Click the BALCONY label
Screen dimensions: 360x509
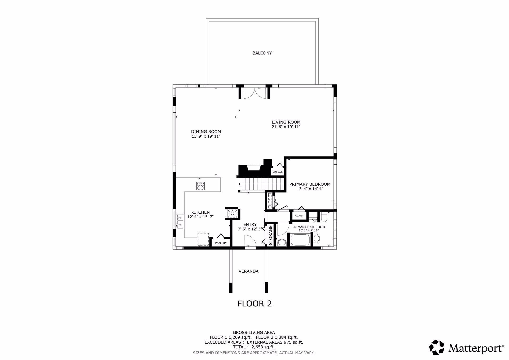click(262, 53)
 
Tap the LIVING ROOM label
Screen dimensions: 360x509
click(286, 122)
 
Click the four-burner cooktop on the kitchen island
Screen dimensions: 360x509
click(201, 186)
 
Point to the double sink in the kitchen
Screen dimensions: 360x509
click(180, 222)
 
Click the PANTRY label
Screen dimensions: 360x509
click(221, 243)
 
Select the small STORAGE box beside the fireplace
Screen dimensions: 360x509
click(277, 172)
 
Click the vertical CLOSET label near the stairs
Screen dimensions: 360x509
click(270, 200)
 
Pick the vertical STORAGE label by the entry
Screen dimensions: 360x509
click(270, 235)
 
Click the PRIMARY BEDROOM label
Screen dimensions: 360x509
click(310, 184)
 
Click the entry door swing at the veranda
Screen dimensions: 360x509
click(250, 242)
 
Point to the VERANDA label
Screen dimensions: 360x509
click(248, 271)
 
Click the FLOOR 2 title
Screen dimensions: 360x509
click(254, 304)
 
